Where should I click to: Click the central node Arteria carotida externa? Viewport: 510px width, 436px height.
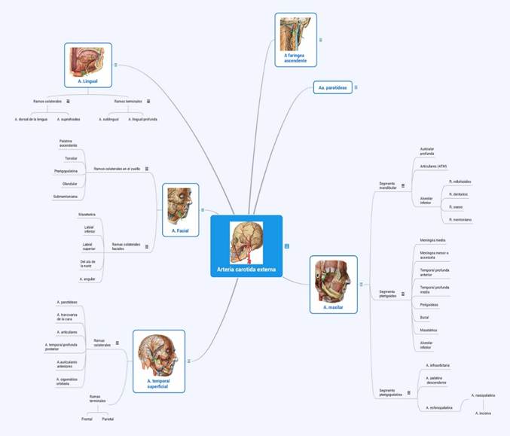(246, 245)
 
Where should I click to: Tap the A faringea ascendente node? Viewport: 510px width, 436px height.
(295, 40)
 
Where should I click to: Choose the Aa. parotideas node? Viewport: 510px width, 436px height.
(331, 87)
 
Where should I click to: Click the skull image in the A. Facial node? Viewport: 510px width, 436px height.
(180, 200)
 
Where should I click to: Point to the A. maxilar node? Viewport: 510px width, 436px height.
(333, 284)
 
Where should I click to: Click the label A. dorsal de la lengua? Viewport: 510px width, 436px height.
(32, 119)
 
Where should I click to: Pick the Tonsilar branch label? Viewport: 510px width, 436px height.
(71, 158)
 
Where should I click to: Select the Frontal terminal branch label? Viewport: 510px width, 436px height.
(87, 418)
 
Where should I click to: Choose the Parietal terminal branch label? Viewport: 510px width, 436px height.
(108, 418)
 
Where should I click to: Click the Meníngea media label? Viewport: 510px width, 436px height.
(432, 239)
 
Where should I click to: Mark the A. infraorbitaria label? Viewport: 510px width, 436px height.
(438, 365)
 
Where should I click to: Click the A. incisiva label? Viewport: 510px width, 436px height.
(483, 413)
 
